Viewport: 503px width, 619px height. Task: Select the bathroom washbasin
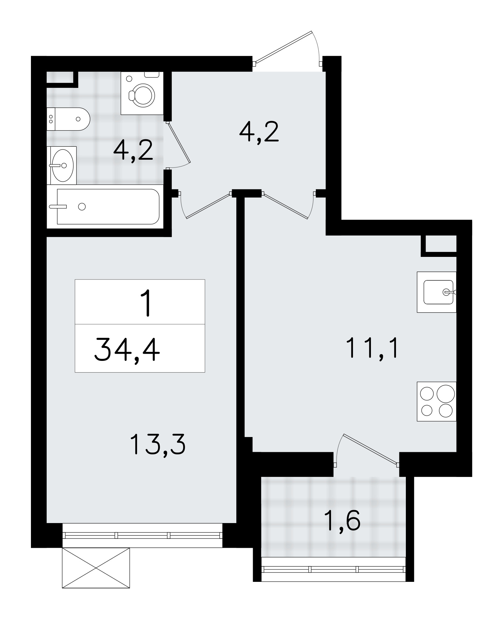[62, 165]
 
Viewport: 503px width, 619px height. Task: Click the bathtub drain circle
[82, 206]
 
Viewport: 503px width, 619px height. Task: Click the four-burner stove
[436, 401]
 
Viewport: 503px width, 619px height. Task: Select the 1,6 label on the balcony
[342, 521]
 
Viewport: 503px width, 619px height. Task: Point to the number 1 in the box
[145, 303]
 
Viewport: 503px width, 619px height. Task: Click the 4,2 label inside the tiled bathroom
[133, 150]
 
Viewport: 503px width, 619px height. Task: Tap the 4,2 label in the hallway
[259, 132]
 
